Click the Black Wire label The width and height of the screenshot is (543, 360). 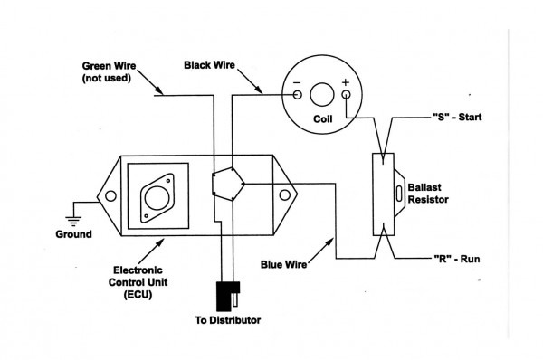[x=210, y=65]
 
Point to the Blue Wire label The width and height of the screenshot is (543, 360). [x=282, y=265]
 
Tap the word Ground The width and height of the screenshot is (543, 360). [x=72, y=234]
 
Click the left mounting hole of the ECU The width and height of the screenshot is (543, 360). [x=110, y=194]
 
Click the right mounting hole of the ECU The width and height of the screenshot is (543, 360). [x=291, y=194]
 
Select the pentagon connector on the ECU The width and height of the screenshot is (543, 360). [x=223, y=184]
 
